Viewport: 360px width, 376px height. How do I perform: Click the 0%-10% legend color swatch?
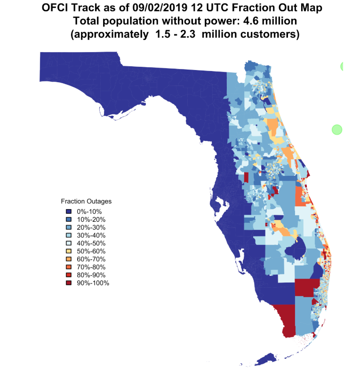pyautogui.click(x=69, y=211)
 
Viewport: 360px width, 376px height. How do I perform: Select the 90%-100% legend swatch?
pyautogui.click(x=69, y=283)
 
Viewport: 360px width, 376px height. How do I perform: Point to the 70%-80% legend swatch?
pyautogui.click(x=69, y=267)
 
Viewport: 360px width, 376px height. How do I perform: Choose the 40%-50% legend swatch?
pyautogui.click(x=69, y=243)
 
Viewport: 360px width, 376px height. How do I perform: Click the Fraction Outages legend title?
pyautogui.click(x=86, y=201)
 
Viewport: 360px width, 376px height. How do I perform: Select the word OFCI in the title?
pyautogui.click(x=55, y=8)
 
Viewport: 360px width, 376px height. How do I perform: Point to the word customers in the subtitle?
pyautogui.click(x=271, y=35)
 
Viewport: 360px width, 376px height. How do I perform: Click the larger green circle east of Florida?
pyautogui.click(x=336, y=129)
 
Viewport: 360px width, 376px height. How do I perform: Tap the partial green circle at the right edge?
pyautogui.click(x=342, y=67)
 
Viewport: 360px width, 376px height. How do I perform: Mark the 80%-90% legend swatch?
pyautogui.click(x=69, y=275)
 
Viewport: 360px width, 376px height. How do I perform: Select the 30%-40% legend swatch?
pyautogui.click(x=69, y=235)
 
